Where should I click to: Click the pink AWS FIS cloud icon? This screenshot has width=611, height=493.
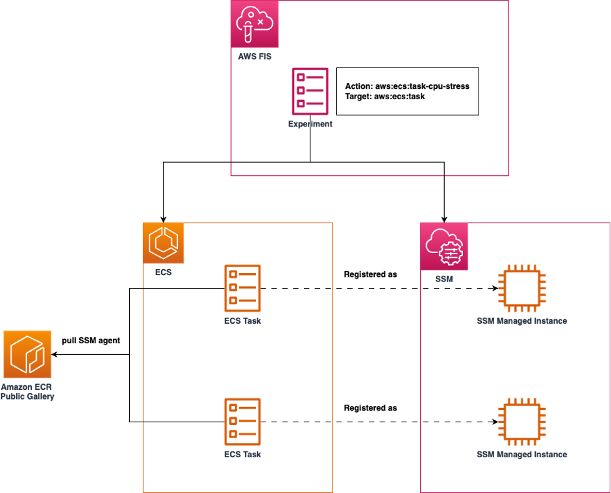[x=255, y=24]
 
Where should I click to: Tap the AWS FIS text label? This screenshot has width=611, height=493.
[x=255, y=56]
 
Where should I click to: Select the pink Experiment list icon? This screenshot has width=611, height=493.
[x=310, y=91]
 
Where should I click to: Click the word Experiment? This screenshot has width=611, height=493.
[x=310, y=124]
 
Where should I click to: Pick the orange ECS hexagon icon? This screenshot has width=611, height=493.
[x=164, y=243]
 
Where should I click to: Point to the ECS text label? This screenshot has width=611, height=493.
[x=163, y=272]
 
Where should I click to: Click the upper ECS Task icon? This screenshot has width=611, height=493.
[x=242, y=288]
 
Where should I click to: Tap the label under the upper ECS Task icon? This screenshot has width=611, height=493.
[x=242, y=320]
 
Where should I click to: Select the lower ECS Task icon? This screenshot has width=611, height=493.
[x=242, y=422]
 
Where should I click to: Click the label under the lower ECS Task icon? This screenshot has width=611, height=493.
[x=242, y=454]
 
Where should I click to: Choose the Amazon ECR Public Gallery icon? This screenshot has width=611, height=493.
[x=27, y=354]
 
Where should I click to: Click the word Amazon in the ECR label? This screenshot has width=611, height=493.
[x=16, y=387]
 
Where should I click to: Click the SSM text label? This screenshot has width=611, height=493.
[x=444, y=279]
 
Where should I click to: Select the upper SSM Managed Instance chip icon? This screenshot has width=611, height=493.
[x=521, y=288]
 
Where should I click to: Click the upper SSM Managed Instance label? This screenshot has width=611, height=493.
[x=521, y=321]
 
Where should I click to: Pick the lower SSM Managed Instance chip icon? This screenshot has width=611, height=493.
[x=521, y=422]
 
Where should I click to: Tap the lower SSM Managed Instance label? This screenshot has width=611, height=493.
[x=521, y=455]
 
